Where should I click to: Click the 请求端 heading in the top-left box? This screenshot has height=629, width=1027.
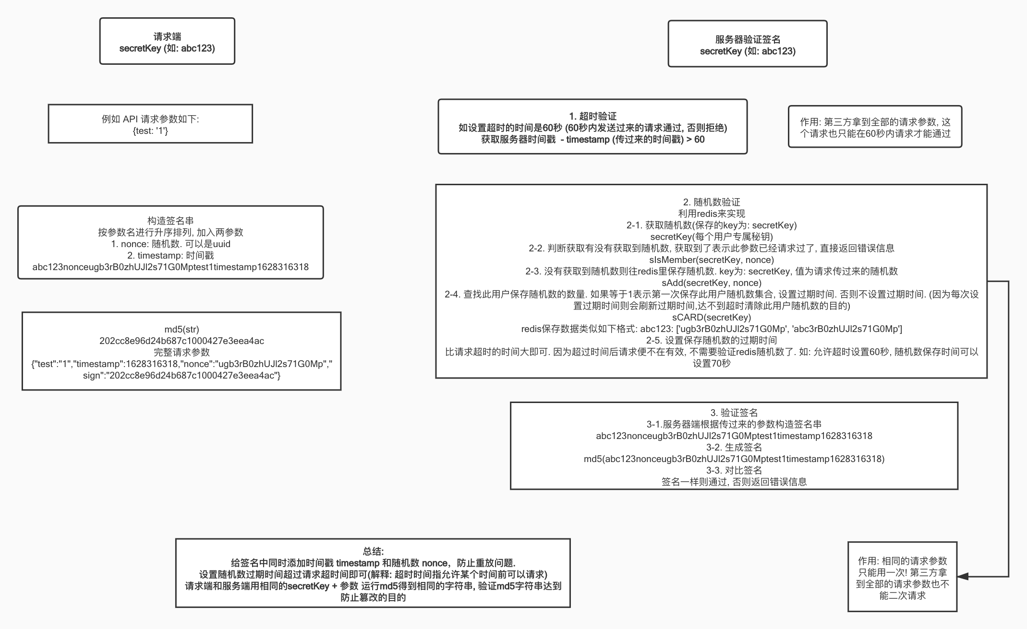click(167, 36)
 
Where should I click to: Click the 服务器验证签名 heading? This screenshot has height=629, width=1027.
click(748, 39)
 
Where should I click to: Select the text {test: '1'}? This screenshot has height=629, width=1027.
click(150, 131)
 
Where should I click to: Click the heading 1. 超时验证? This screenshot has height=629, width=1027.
click(592, 116)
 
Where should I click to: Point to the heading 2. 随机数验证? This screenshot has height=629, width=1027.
click(711, 202)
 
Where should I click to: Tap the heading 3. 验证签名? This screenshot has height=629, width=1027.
click(734, 413)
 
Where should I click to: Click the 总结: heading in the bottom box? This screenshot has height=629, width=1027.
click(373, 551)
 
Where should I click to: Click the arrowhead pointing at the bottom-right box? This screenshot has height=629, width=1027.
click(963, 576)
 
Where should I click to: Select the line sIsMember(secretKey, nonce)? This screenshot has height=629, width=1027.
click(711, 260)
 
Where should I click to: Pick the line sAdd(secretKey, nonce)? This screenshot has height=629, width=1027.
click(711, 283)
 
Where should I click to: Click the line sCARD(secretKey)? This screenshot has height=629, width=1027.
click(711, 317)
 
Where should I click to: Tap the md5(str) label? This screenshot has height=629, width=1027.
click(181, 329)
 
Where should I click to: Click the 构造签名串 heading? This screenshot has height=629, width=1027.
click(170, 221)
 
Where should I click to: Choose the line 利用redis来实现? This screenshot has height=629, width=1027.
click(711, 214)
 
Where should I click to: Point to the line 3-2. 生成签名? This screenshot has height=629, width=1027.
click(734, 447)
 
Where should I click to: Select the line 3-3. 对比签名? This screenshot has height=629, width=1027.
click(734, 470)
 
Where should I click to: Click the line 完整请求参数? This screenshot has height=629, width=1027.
click(181, 352)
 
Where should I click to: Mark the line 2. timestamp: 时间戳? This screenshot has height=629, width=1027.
click(170, 255)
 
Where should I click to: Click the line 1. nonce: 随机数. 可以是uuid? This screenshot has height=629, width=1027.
click(170, 244)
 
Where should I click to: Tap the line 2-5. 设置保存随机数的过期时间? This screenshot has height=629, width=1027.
click(711, 340)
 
